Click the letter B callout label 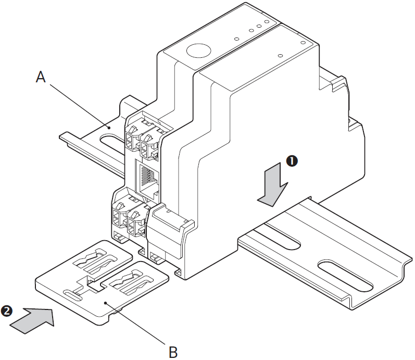pos(173,351)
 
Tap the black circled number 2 pos(6,311)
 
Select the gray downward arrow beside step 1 pos(272,188)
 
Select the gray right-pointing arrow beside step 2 pos(33,318)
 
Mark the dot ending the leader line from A pos(109,126)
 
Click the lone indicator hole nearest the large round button pos(236,39)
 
